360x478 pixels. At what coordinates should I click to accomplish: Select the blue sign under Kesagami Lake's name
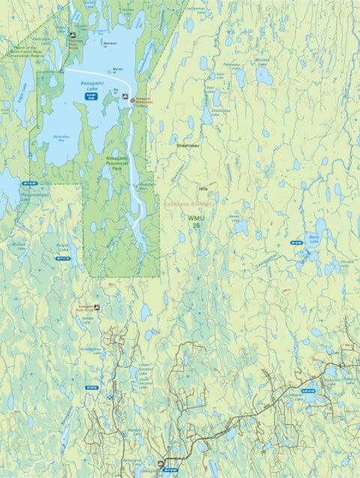[x=91, y=97]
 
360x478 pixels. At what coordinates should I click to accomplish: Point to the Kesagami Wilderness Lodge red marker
[x=133, y=99]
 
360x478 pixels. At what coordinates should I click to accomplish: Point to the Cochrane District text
[x=188, y=203]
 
